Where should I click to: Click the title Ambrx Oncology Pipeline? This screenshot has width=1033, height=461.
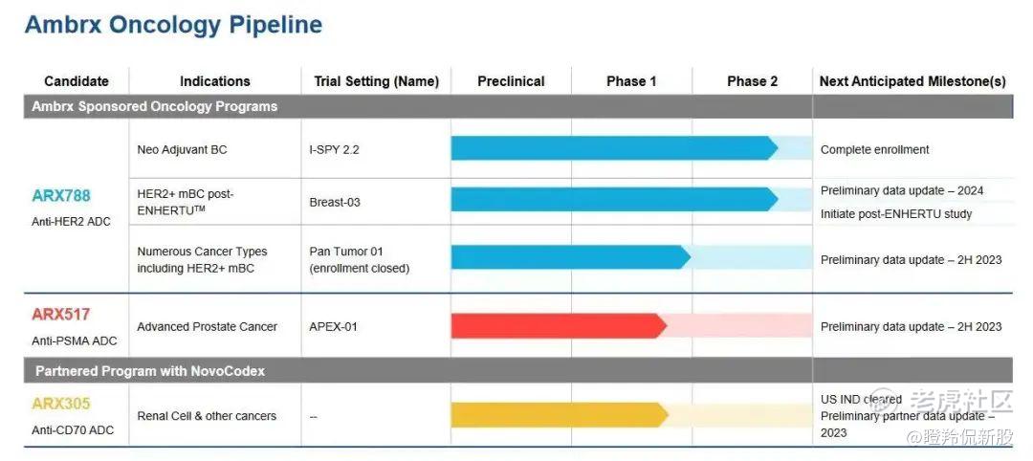coord(173,25)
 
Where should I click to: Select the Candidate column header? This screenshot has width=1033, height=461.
coord(77,81)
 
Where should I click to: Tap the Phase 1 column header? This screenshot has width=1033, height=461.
coord(631,81)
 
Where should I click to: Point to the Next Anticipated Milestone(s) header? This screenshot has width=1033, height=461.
coord(912,81)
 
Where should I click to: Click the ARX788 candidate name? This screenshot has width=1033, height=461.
coord(61,196)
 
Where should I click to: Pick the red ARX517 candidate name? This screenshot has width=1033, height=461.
coord(60,314)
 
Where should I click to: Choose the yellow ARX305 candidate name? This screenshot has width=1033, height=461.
coord(61,404)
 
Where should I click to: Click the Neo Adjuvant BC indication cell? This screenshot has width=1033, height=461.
coord(182,149)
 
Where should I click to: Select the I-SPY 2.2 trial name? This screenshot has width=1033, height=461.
coord(334,149)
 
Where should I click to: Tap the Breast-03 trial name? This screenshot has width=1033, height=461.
coord(335,202)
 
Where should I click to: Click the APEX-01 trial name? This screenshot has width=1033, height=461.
coord(334,327)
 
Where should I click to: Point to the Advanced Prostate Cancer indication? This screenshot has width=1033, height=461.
coord(207,327)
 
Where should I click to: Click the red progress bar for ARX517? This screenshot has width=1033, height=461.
coord(559,326)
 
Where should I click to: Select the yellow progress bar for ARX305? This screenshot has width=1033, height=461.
coord(560,415)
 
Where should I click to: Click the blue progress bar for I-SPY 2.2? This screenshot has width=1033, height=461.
coord(614,148)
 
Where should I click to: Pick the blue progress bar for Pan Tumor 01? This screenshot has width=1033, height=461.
coord(570,257)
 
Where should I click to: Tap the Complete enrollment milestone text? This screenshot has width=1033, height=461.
coord(875,149)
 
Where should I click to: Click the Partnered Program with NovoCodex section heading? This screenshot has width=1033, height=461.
coord(150,371)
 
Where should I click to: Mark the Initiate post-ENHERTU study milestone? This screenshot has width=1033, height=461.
coord(896,214)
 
